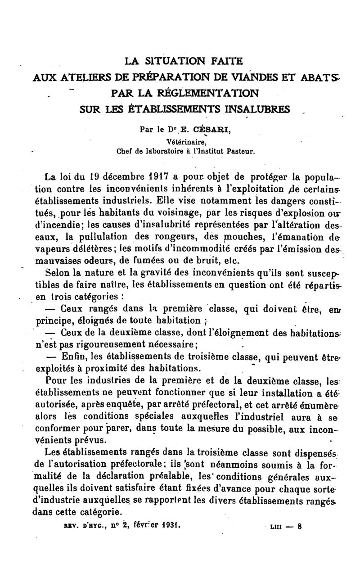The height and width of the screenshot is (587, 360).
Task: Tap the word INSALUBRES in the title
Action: point(254,109)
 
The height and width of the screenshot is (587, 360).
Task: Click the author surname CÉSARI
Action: point(212,130)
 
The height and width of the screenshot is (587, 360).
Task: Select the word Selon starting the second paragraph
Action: point(57,272)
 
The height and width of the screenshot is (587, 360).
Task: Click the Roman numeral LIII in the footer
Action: point(274,525)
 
